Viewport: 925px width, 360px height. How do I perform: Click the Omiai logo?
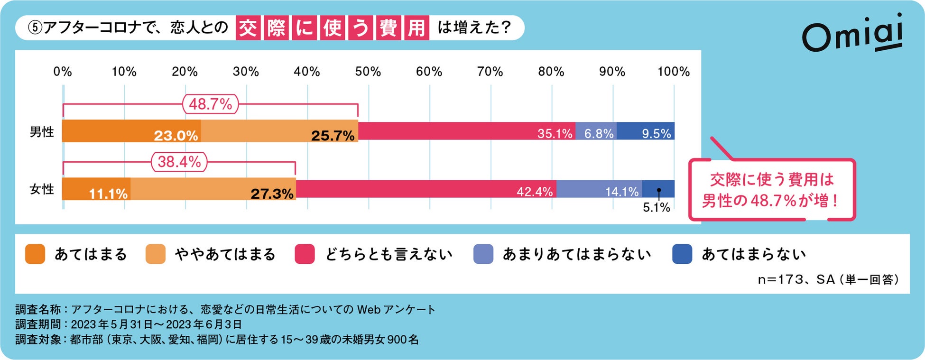[852, 33]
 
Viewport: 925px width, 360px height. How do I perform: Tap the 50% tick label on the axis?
[368, 72]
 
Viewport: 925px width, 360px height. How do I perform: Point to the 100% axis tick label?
[673, 72]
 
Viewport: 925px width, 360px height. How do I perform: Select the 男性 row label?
[42, 132]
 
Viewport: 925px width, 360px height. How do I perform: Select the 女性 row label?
[42, 189]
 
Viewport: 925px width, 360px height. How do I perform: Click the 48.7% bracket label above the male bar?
[211, 104]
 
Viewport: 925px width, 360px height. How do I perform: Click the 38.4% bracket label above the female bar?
[179, 162]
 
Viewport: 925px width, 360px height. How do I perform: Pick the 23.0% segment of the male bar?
[131, 132]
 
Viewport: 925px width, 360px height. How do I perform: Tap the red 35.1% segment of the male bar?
[466, 131]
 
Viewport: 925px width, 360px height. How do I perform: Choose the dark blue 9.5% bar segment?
[646, 131]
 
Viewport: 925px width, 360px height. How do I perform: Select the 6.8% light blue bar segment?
[596, 131]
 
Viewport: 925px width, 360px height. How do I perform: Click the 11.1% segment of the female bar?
[96, 189]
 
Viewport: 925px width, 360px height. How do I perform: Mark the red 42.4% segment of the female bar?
[425, 189]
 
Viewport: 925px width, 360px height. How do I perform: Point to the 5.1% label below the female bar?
[656, 207]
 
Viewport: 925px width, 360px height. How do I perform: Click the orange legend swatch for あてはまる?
[35, 254]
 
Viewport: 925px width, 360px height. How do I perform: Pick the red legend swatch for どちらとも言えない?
[305, 254]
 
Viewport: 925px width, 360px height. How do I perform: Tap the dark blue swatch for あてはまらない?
[682, 254]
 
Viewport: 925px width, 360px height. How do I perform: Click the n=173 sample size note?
[827, 279]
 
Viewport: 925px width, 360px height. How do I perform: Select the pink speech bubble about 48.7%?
[772, 190]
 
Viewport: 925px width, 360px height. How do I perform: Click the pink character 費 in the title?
[388, 28]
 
